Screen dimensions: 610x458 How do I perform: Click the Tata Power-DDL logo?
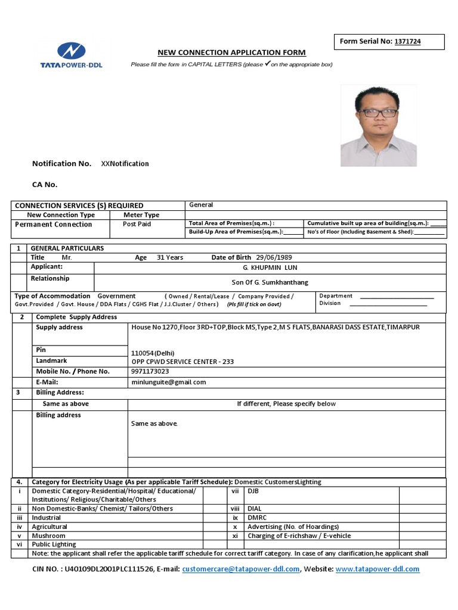tap(71, 55)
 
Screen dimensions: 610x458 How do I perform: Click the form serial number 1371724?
tap(409, 42)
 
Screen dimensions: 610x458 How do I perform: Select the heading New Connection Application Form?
tap(231, 52)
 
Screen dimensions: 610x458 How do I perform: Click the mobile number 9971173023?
tap(150, 371)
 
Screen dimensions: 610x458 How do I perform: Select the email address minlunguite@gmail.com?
tap(169, 382)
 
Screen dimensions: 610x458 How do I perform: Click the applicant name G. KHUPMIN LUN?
tap(270, 268)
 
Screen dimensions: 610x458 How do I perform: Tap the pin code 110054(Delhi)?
tap(153, 353)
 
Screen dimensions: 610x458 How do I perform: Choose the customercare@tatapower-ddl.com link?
tap(241, 569)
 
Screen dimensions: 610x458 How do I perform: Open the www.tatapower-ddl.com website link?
tap(377, 569)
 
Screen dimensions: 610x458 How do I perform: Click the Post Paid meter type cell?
tap(137, 225)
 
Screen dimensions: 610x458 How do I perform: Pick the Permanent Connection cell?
tap(54, 225)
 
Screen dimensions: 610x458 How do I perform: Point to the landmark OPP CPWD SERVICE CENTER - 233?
tap(182, 362)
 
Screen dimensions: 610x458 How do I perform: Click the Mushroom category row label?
tap(49, 536)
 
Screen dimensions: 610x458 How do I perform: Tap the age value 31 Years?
tap(170, 257)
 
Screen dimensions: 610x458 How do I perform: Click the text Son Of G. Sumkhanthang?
tap(270, 282)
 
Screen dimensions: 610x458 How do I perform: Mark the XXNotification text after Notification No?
tap(125, 164)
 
